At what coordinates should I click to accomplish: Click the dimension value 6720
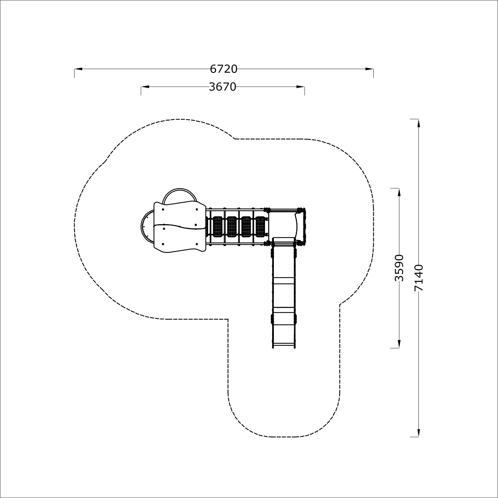click(x=224, y=69)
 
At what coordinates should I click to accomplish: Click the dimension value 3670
click(x=222, y=87)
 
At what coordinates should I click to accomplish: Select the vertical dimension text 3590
click(x=399, y=268)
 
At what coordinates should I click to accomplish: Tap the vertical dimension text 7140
click(x=419, y=278)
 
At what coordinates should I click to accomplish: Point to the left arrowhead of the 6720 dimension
click(x=78, y=69)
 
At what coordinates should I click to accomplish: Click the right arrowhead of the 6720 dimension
click(x=369, y=69)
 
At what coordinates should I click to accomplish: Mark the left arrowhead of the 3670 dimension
click(x=145, y=87)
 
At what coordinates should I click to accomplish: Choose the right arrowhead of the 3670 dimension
click(x=300, y=87)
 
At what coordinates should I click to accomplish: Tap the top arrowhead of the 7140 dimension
click(x=419, y=123)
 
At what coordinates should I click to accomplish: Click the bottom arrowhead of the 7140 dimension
click(x=419, y=433)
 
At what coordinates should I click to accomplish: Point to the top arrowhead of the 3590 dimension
click(x=399, y=193)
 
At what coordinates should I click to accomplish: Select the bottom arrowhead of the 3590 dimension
click(x=399, y=344)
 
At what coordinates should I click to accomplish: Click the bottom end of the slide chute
click(x=284, y=348)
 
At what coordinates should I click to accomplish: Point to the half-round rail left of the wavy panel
click(x=142, y=226)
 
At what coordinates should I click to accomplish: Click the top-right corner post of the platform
click(x=300, y=210)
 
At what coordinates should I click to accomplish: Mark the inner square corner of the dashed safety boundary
click(x=228, y=319)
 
